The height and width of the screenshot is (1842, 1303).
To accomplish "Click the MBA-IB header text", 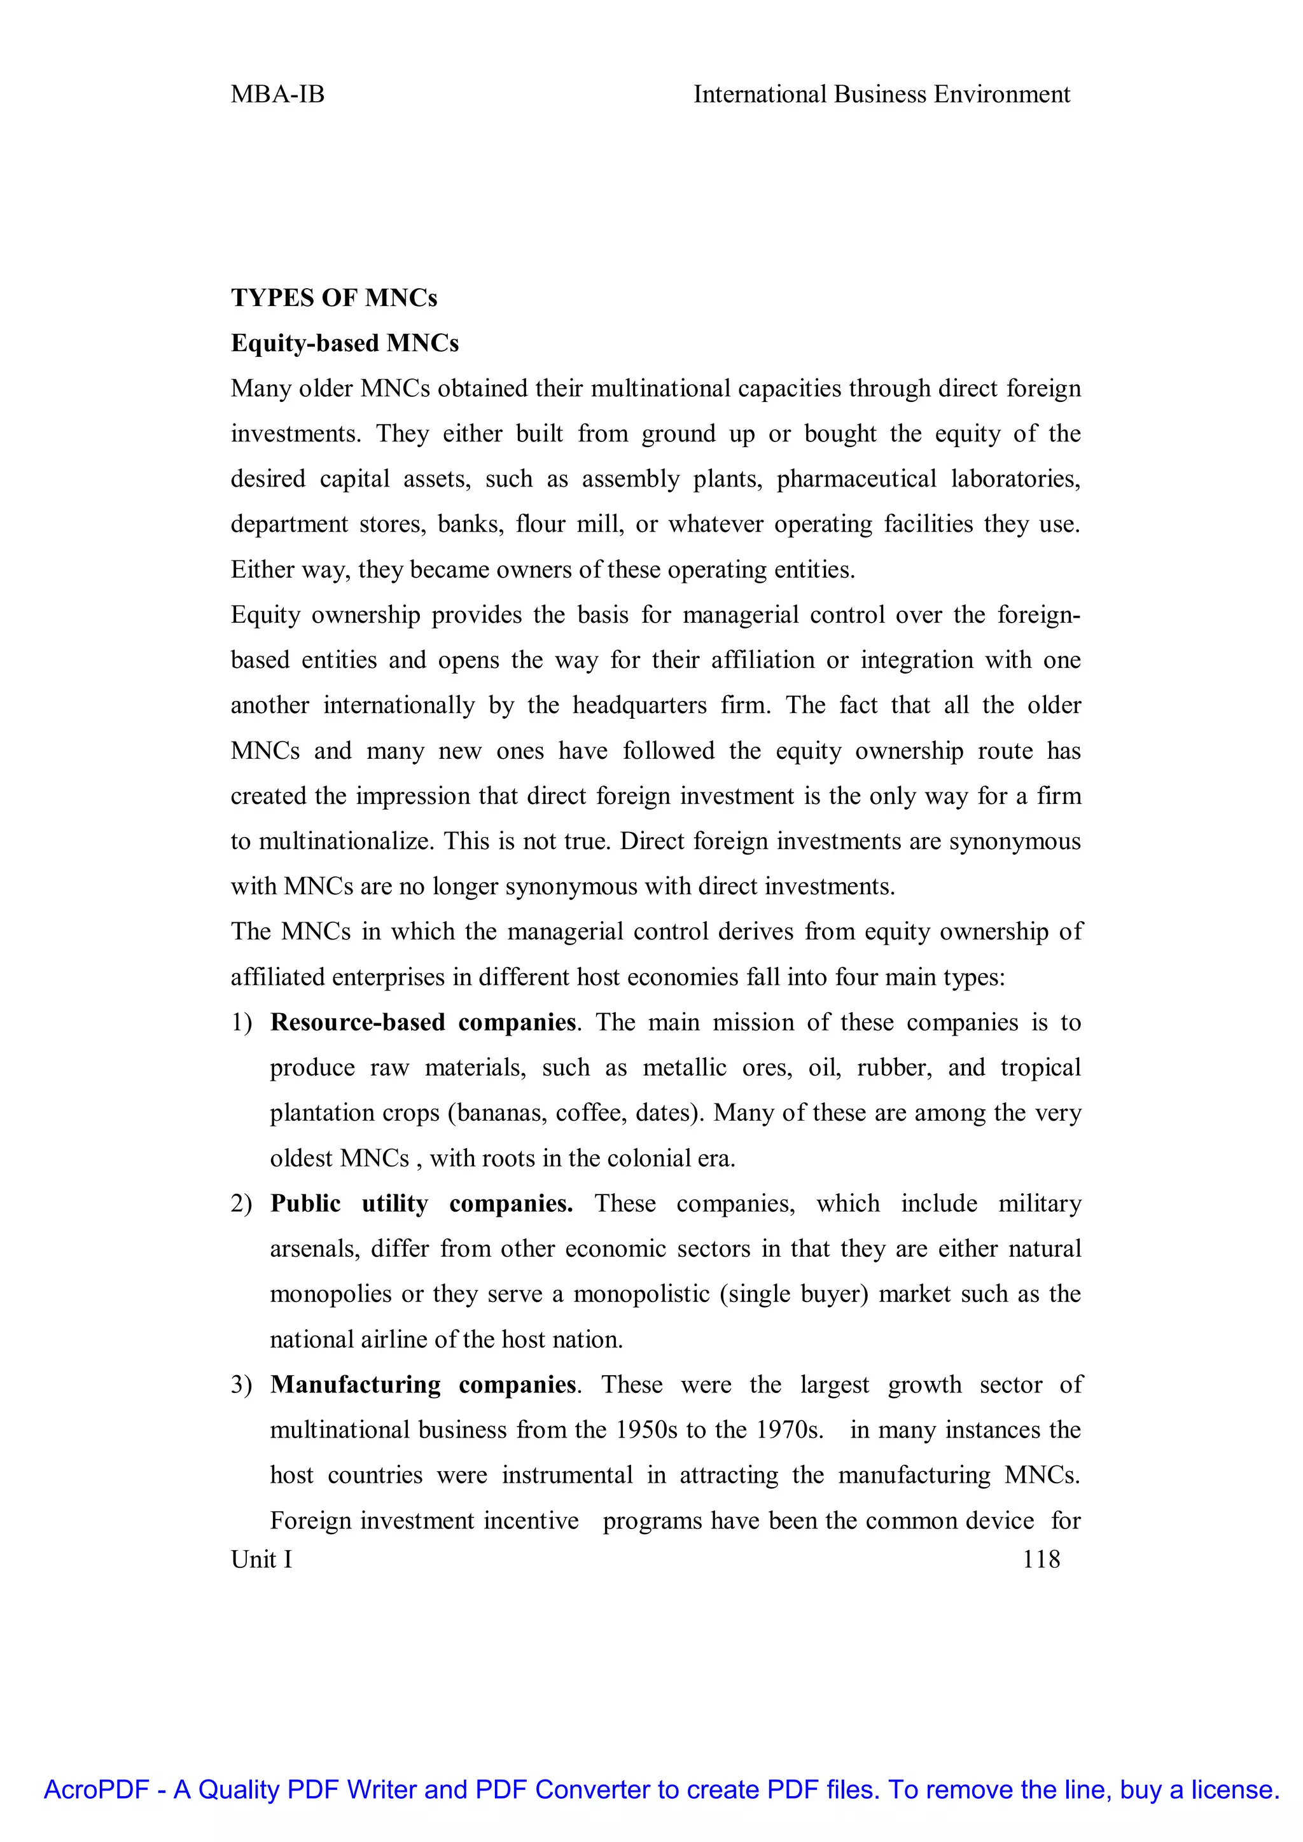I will (x=277, y=95).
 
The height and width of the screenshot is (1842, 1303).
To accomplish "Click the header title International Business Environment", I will (x=881, y=95).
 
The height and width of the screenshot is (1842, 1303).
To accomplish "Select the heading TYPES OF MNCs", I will (x=334, y=298).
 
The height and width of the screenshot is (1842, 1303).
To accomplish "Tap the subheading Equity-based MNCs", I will (x=344, y=343).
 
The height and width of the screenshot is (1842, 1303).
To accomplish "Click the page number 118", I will (x=1041, y=1559).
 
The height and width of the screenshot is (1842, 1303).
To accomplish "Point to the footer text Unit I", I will (x=261, y=1559).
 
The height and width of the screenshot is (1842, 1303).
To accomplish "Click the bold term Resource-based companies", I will (x=423, y=1022).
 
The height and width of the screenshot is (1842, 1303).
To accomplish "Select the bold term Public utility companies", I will (x=421, y=1203).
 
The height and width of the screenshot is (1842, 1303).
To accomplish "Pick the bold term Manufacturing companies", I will (x=423, y=1385).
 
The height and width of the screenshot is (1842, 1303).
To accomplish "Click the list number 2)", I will (x=242, y=1203).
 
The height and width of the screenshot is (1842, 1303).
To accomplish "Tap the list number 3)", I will (x=242, y=1385).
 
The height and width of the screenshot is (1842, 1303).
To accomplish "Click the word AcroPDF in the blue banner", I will (x=96, y=1790).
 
